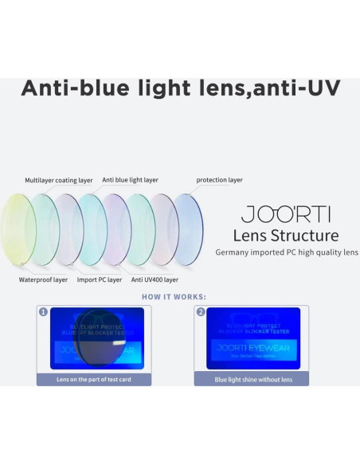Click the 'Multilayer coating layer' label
[58, 181]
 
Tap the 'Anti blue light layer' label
[130, 180]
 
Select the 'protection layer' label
[219, 180]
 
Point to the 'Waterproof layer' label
[43, 279]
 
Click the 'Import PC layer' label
[99, 279]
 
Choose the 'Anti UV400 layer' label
[155, 279]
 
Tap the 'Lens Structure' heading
[285, 236]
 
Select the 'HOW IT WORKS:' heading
[174, 297]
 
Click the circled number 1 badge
[43, 312]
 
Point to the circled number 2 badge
[200, 312]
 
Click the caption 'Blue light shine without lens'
[253, 380]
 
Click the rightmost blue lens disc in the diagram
[186, 229]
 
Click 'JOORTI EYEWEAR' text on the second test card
[253, 348]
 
